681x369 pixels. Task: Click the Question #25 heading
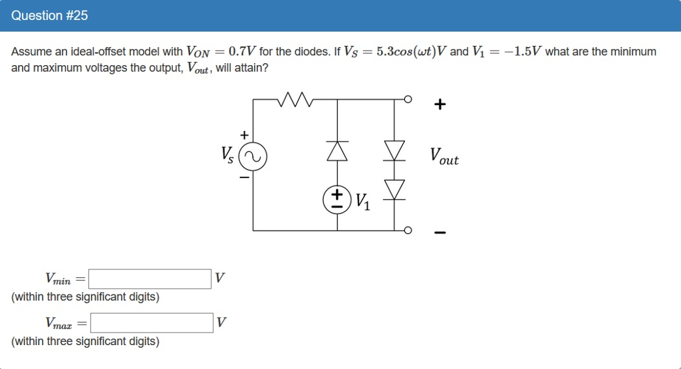click(49, 15)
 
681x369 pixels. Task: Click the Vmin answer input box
click(150, 279)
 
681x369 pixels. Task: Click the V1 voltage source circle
click(337, 199)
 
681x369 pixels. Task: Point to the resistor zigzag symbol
click(295, 99)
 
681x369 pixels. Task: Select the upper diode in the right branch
click(396, 151)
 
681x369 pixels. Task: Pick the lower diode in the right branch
click(396, 189)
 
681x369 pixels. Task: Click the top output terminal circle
click(408, 99)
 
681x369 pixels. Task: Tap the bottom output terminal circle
click(408, 230)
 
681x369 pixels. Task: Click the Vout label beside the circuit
click(444, 157)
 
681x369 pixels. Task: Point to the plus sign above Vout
click(439, 104)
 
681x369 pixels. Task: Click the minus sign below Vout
click(439, 233)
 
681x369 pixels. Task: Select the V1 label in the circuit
click(364, 201)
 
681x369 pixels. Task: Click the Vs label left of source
click(227, 155)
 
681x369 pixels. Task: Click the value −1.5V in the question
click(523, 52)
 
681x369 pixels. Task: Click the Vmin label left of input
click(58, 279)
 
